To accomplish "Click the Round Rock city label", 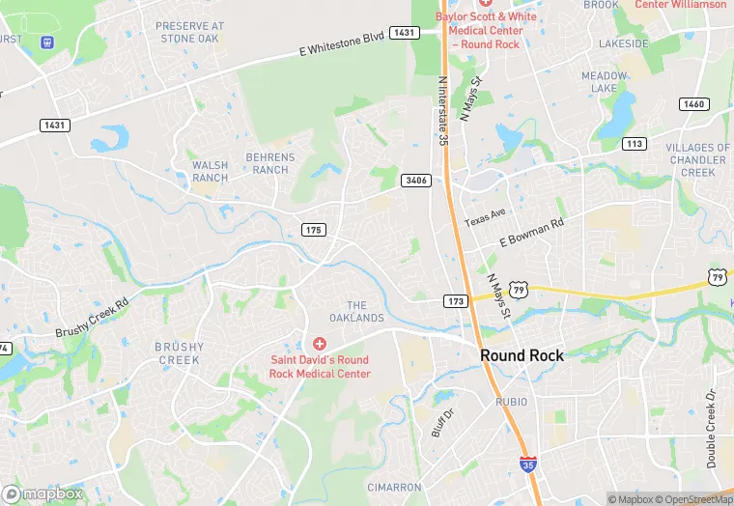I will click(522, 355).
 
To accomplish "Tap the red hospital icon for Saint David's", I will click(319, 344).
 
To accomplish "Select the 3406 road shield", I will click(416, 180).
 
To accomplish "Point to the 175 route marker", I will click(314, 230).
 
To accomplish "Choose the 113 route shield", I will click(634, 143).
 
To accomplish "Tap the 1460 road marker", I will click(692, 103).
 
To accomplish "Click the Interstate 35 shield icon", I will click(527, 464).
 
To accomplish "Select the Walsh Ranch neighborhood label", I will click(210, 171).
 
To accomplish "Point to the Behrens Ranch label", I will click(269, 163).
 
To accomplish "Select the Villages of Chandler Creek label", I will click(697, 159).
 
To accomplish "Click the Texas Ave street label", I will click(485, 218).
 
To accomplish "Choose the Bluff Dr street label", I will click(441, 421).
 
